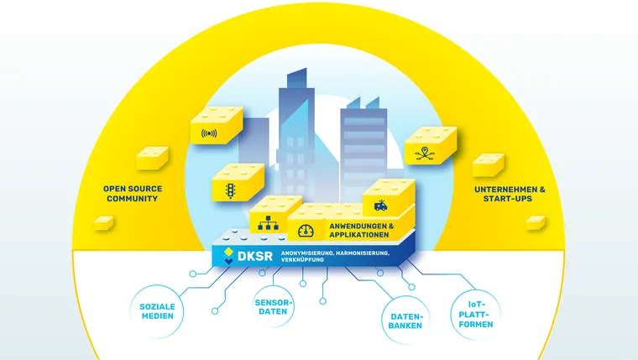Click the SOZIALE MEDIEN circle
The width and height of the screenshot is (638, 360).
[x=158, y=310]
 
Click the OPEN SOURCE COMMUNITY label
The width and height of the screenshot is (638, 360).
[x=130, y=193]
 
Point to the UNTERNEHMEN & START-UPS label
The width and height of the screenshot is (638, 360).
[x=510, y=194]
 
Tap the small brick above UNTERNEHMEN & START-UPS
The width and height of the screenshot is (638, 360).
[x=488, y=164]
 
